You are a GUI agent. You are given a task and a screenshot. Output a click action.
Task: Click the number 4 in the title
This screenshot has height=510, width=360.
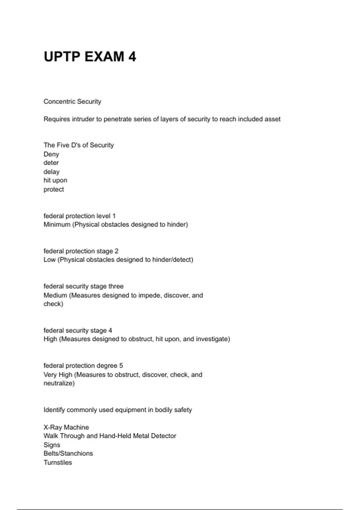[132, 57]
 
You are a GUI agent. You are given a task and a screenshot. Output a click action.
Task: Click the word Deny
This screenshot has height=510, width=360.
[51, 154]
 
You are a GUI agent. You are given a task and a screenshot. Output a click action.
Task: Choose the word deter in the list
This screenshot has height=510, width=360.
[51, 163]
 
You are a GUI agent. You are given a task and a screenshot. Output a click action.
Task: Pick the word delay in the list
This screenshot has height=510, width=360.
[51, 172]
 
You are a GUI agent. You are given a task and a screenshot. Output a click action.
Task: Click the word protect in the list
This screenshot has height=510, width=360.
[54, 189]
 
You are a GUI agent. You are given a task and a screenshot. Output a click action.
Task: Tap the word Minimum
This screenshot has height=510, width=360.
[57, 224]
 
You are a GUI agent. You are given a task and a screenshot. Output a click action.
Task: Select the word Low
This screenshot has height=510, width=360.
[49, 259]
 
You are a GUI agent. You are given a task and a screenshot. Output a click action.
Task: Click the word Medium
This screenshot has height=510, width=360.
[55, 295]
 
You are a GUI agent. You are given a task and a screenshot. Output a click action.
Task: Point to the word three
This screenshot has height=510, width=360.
[116, 286]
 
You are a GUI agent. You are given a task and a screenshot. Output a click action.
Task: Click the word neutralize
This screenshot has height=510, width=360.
[59, 383]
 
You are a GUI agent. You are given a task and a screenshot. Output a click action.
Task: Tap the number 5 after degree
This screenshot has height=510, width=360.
[121, 365]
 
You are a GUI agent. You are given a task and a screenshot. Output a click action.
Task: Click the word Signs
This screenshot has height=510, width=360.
[52, 445]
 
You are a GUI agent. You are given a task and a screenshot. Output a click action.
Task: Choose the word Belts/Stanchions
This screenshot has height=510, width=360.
[68, 453]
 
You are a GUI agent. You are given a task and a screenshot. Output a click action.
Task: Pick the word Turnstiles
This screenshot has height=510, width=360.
[58, 462]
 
